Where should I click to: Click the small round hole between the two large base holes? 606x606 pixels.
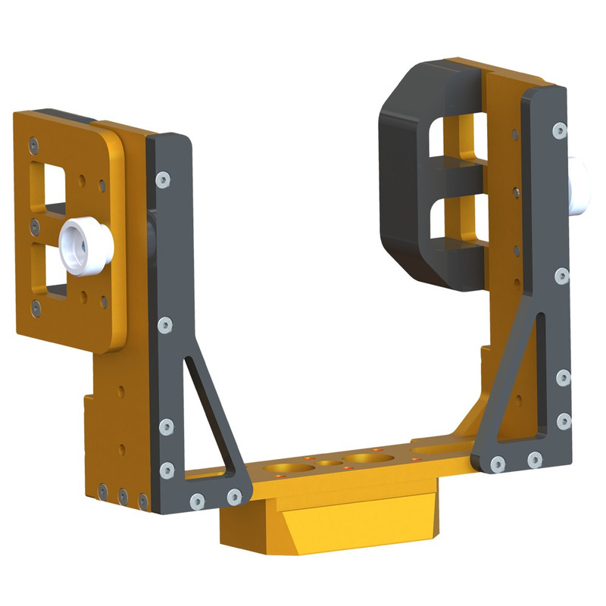[328, 464]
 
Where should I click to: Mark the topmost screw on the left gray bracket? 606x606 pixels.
[162, 180]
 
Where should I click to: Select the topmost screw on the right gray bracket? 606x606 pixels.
[559, 130]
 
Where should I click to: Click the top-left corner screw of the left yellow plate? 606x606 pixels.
[33, 142]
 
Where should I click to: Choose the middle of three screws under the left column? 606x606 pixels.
[123, 496]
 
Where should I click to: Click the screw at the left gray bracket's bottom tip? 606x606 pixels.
[234, 497]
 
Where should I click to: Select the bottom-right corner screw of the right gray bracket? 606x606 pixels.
[563, 421]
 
